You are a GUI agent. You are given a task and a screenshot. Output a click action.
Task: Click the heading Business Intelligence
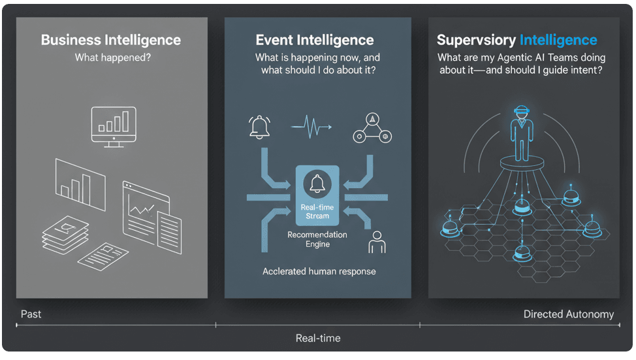pyautogui.click(x=111, y=40)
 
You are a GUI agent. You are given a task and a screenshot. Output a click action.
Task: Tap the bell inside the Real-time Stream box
pyautogui.click(x=318, y=184)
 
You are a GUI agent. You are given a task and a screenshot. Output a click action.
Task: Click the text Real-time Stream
pyautogui.click(x=317, y=211)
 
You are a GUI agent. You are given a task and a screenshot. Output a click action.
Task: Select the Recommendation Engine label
pyautogui.click(x=317, y=239)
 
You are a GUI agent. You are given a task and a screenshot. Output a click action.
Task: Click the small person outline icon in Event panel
pyautogui.click(x=377, y=242)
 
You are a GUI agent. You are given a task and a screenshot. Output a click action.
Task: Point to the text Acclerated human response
pyautogui.click(x=319, y=271)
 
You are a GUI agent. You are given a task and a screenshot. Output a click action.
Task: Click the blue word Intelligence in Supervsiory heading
pyautogui.click(x=558, y=41)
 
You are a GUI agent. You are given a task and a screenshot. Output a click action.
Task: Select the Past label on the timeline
pyautogui.click(x=31, y=314)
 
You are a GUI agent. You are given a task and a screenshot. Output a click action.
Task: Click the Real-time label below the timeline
pyautogui.click(x=318, y=338)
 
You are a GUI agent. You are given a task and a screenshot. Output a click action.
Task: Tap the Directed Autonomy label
pyautogui.click(x=569, y=314)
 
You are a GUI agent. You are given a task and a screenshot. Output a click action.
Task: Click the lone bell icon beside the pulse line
pyautogui.click(x=259, y=126)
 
